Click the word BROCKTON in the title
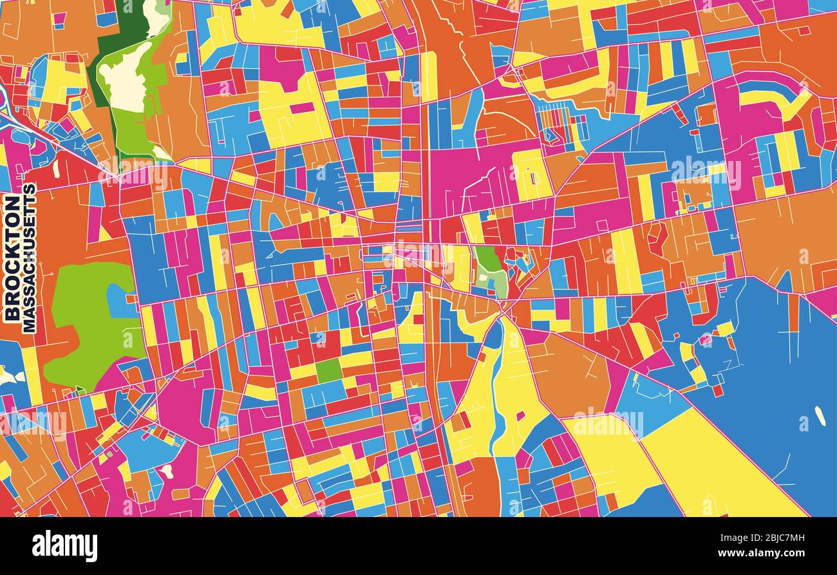click(x=12, y=258)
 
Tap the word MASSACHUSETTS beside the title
click(x=30, y=258)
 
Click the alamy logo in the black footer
click(x=64, y=546)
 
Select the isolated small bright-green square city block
click(x=328, y=370)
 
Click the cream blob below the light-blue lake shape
click(x=167, y=471)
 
